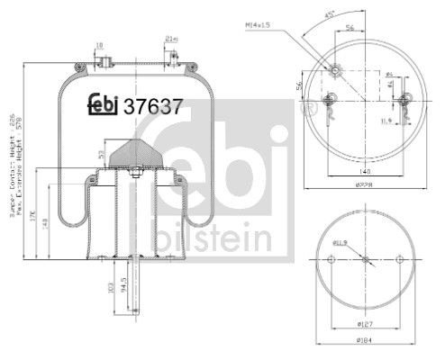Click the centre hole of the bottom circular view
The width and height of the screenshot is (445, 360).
click(x=367, y=261)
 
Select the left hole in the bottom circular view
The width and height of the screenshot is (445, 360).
click(x=331, y=261)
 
